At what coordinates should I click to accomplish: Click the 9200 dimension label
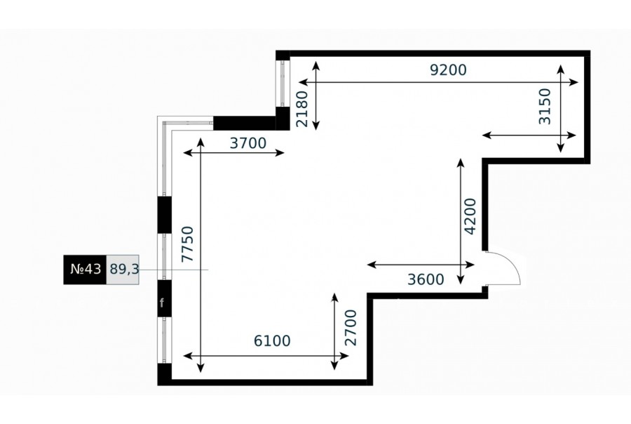pos(448,70)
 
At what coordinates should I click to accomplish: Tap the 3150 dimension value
pos(545,107)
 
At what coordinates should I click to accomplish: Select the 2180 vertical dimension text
pos(301,109)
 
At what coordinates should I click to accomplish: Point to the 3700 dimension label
pos(248,143)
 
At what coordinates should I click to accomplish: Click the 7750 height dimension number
pos(187,244)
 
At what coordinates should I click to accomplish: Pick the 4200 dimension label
pos(470,216)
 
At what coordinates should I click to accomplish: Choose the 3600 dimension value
pos(426,279)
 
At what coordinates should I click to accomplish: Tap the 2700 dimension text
pos(351,328)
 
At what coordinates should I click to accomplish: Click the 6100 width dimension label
pos(272,341)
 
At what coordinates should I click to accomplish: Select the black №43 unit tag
pos(85,270)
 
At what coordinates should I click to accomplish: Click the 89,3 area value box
pos(123,270)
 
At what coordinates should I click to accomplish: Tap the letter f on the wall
pos(162,303)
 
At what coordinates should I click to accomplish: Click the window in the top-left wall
pos(283,84)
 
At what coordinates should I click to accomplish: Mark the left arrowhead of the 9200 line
pos(303,82)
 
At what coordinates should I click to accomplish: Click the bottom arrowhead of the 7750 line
pos(201,368)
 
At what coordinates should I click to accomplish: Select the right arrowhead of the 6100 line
pos(344,356)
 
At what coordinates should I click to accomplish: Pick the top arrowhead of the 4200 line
pos(461,163)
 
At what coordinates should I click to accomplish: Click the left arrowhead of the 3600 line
pos(372,265)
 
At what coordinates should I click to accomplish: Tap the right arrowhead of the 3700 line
pos(280,152)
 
